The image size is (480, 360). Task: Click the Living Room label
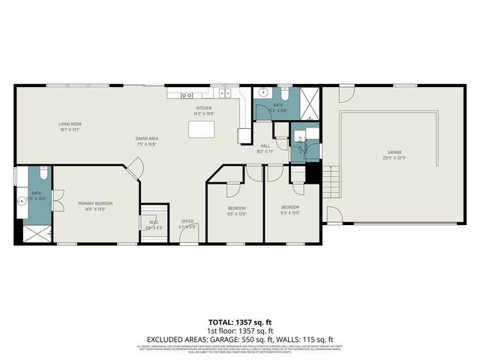click(x=70, y=126)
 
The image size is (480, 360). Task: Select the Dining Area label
click(x=146, y=141)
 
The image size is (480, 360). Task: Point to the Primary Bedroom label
click(x=95, y=205)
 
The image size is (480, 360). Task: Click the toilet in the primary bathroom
click(x=43, y=175)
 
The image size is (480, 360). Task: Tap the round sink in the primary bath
click(x=21, y=202)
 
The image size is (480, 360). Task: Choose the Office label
click(x=188, y=223)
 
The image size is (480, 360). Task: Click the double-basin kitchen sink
click(x=224, y=94)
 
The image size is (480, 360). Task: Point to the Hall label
click(x=265, y=148)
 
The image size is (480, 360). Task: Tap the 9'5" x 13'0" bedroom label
click(x=237, y=210)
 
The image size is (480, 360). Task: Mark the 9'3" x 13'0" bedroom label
click(x=290, y=209)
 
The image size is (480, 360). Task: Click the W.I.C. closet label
click(x=153, y=224)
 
